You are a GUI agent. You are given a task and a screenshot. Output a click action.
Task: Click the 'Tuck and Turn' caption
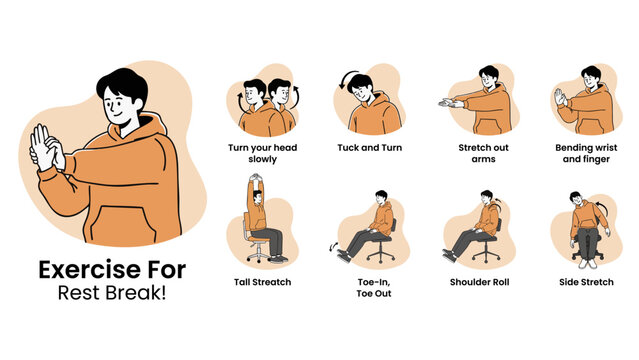370,148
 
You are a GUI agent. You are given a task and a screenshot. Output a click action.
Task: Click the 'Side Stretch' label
586,282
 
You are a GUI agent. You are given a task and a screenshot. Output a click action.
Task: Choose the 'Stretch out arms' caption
476,153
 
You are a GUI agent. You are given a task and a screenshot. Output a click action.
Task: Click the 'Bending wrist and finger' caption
586,153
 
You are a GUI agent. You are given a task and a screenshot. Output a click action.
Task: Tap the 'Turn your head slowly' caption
262,153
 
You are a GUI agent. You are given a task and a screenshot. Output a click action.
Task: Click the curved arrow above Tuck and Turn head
346,79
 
